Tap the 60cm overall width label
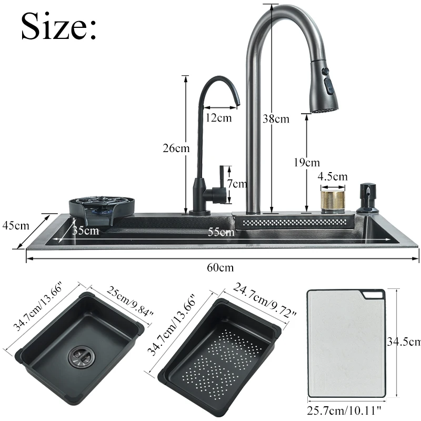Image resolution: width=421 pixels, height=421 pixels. point(220,267)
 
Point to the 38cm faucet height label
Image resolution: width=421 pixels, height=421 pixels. point(276,119)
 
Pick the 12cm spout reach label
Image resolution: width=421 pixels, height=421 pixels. point(218,118)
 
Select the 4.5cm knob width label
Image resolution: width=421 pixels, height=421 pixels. point(333,176)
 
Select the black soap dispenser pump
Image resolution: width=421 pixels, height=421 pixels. point(367,198)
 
